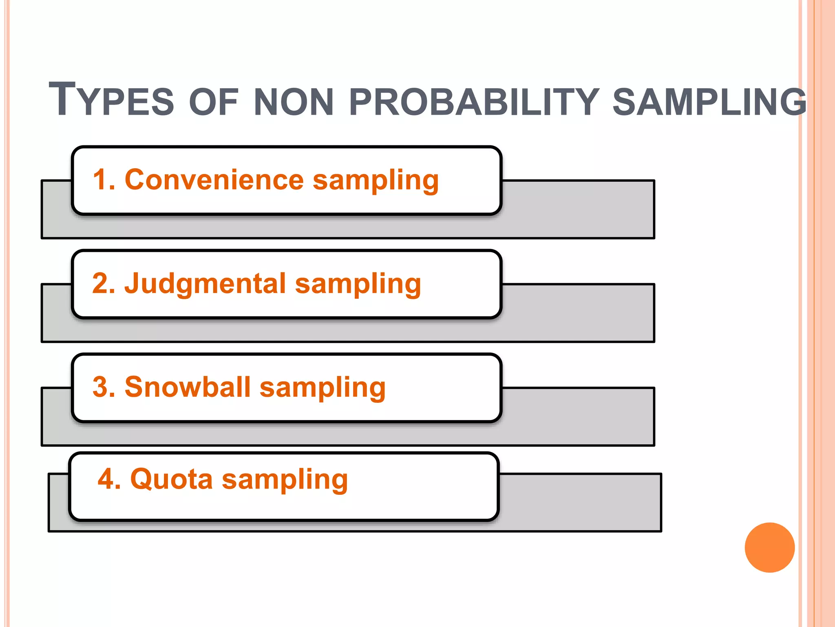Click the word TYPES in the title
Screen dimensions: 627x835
click(111, 100)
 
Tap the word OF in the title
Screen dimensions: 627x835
click(213, 102)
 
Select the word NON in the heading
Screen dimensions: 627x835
click(294, 102)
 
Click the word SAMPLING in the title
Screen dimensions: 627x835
click(709, 102)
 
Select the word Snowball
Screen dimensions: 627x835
click(188, 387)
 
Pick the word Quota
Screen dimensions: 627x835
click(171, 479)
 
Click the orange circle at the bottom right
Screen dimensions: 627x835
click(769, 547)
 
